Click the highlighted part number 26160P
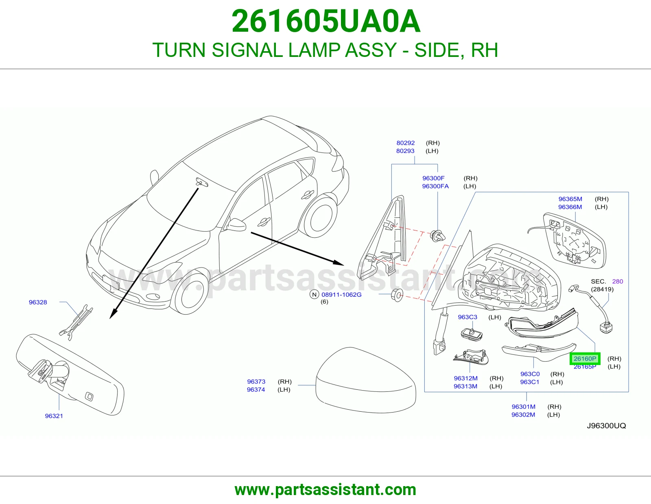(x=585, y=358)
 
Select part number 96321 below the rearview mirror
(x=54, y=416)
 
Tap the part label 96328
(x=38, y=302)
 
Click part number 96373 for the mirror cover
(x=256, y=382)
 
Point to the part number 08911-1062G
(x=341, y=295)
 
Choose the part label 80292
(x=406, y=143)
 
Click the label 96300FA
(x=435, y=186)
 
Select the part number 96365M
(x=570, y=199)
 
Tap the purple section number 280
(x=618, y=281)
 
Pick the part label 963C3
(x=467, y=317)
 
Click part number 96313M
(x=465, y=387)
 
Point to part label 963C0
(x=530, y=374)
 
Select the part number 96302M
(x=523, y=415)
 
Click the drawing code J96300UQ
(x=606, y=426)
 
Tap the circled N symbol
(x=314, y=295)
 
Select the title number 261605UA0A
(x=326, y=21)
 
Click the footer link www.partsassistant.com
(x=325, y=490)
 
